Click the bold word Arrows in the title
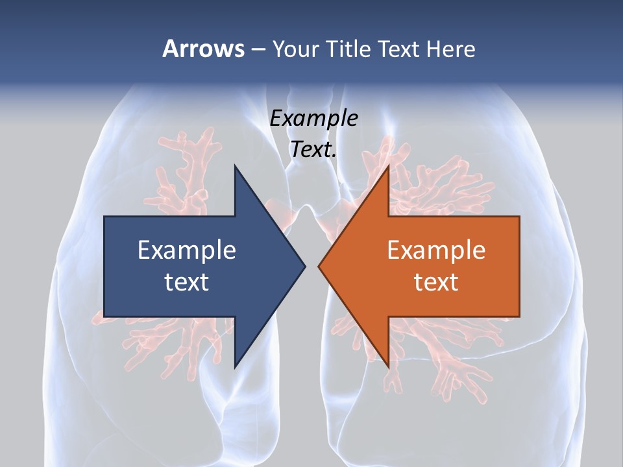coord(203,49)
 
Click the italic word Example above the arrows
coord(314,118)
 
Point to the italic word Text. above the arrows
coord(314,149)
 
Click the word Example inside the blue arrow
coord(187,250)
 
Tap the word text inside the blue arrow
coord(187,281)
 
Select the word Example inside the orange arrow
coord(436,250)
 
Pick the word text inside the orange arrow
coord(436,281)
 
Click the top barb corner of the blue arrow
coord(235,166)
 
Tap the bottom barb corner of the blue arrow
coord(235,367)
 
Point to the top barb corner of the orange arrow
coord(389,166)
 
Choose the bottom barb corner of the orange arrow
coord(389,367)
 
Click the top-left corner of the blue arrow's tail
coord(104,217)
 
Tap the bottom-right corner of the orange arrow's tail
coord(519,317)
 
